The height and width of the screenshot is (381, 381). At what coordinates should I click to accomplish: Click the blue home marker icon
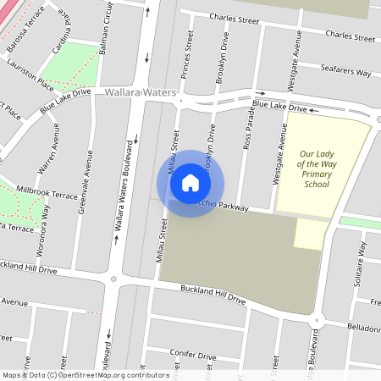(190, 183)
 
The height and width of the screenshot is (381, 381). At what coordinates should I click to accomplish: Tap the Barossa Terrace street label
(23, 26)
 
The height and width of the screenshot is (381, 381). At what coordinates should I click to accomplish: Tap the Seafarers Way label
(345, 73)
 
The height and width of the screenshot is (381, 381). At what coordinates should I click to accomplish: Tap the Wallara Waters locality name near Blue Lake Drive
(141, 91)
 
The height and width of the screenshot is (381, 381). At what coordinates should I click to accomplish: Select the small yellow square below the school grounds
(308, 235)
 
